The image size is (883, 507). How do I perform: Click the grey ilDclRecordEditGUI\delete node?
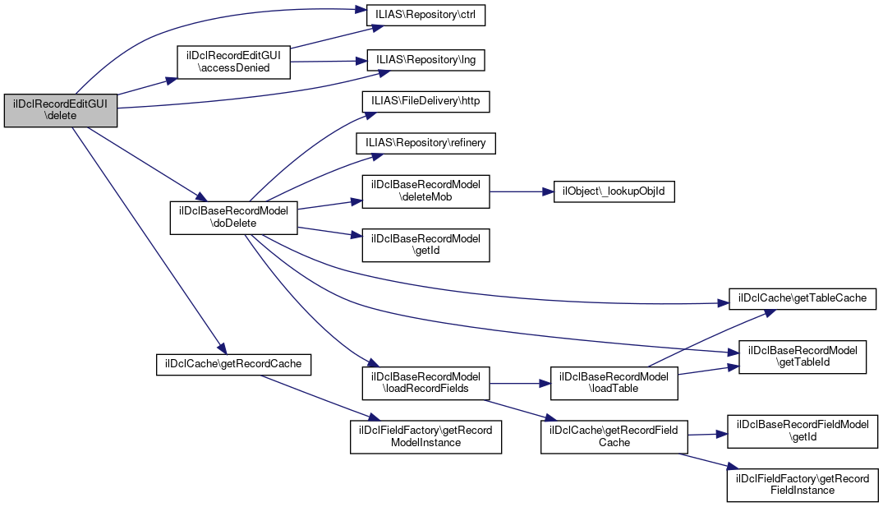[61, 110]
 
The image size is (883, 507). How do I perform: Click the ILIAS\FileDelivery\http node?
[426, 102]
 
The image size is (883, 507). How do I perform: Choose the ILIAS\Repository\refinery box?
[426, 143]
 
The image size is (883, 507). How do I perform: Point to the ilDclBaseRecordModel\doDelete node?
[234, 218]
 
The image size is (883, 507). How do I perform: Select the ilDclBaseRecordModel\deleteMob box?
[426, 191]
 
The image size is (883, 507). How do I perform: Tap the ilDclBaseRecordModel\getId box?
[426, 246]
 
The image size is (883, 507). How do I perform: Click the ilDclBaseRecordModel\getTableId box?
[803, 357]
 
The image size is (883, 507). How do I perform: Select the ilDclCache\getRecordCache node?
[234, 364]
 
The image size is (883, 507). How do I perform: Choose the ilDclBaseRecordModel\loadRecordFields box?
[426, 382]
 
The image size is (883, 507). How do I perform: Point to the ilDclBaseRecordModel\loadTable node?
[614, 382]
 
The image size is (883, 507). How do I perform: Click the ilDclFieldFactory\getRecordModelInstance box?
[426, 436]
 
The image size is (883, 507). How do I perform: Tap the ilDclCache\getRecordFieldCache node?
[614, 436]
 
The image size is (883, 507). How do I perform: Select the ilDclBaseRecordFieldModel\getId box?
[803, 431]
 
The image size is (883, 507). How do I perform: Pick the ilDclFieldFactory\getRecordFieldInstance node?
[803, 485]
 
